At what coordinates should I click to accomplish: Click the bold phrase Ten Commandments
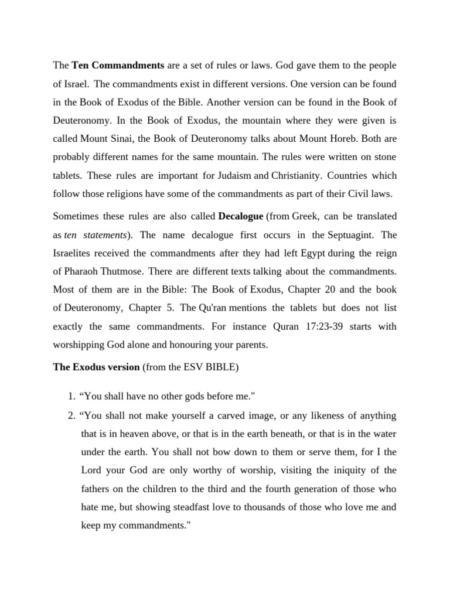tap(118, 64)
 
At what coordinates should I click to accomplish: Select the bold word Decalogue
tap(241, 216)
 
